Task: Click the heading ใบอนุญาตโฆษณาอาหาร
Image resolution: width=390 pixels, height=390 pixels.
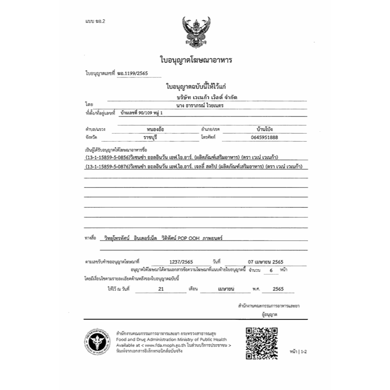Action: [195, 60]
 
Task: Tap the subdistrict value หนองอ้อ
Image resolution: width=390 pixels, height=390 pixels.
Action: [149, 128]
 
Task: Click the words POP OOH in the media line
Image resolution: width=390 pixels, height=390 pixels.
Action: [189, 237]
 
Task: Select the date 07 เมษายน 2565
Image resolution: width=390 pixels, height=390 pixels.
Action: [266, 263]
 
